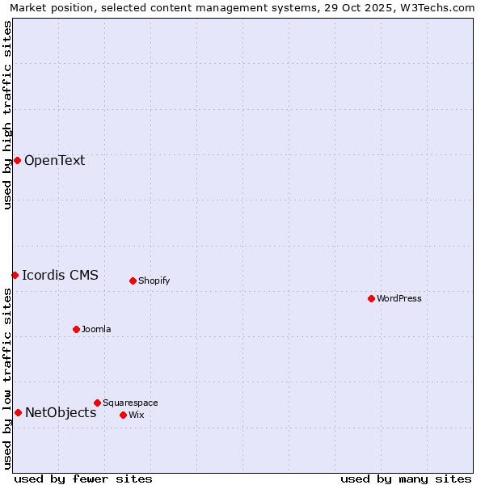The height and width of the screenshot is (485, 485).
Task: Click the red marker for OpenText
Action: click(x=17, y=160)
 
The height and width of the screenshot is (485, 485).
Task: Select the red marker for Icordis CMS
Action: click(x=15, y=275)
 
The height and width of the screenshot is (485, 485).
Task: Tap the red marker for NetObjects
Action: click(x=18, y=412)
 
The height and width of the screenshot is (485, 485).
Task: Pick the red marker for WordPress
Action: click(x=371, y=298)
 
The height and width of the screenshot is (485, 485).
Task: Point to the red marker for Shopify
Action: click(x=133, y=280)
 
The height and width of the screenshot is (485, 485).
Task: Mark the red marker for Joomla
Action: click(x=76, y=329)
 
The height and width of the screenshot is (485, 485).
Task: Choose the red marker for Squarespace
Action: click(x=97, y=403)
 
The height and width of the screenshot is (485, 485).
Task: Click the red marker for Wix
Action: click(x=123, y=415)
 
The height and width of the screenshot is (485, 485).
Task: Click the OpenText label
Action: click(x=54, y=160)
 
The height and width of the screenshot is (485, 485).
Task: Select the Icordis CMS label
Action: click(x=60, y=275)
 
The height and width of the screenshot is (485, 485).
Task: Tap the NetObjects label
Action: click(x=61, y=412)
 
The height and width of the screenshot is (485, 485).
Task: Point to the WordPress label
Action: click(x=399, y=298)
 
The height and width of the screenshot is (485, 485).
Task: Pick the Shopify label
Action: click(x=154, y=280)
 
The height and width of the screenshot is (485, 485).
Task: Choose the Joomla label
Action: click(x=96, y=329)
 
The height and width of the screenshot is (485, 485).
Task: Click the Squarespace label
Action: click(x=130, y=403)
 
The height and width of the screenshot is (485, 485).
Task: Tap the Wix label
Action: click(x=136, y=415)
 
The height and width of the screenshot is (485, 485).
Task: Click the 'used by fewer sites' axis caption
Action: click(x=83, y=479)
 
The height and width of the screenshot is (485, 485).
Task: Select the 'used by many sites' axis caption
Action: click(x=406, y=479)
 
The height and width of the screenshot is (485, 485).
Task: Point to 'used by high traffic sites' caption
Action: click(x=7, y=115)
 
